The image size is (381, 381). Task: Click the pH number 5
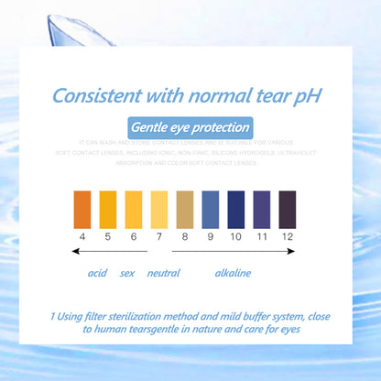coord(108,235)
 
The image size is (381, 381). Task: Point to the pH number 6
coord(134,235)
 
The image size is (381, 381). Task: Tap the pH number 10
coord(235,235)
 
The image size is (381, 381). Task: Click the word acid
coord(97,273)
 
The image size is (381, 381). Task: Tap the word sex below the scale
coord(128,273)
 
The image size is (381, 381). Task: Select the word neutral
coord(163,273)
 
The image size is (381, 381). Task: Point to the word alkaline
coord(232,273)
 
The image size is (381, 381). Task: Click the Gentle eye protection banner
coord(190,127)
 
